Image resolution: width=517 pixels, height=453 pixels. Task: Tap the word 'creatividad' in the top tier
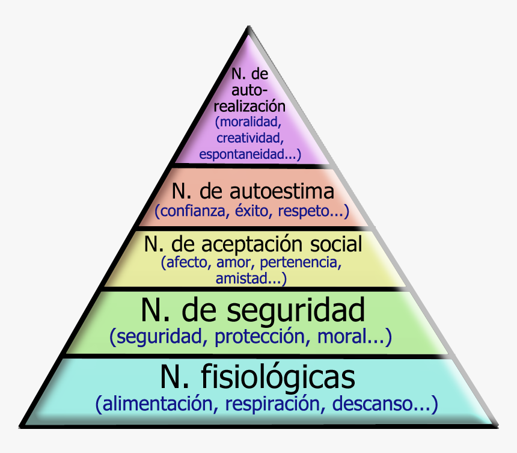point(249,138)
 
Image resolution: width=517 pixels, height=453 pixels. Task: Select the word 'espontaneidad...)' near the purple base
point(249,154)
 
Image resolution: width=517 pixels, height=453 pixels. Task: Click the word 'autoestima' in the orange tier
point(282,192)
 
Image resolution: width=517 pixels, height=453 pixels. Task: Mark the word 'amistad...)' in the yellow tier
point(251,279)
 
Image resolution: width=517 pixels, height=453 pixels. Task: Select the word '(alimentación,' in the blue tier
point(152,404)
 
